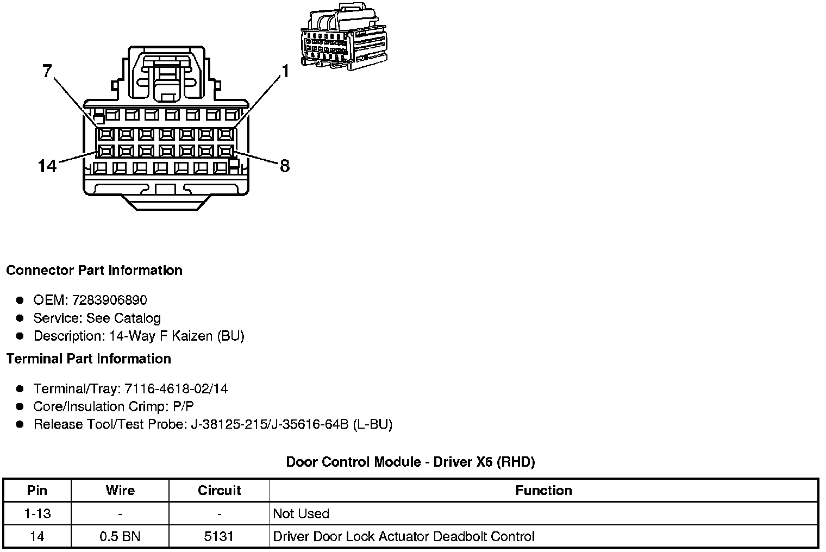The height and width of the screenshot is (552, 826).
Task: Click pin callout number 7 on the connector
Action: [x=47, y=71]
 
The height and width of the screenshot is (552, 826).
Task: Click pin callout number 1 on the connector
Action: [x=284, y=71]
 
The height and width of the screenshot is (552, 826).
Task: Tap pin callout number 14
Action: [x=47, y=166]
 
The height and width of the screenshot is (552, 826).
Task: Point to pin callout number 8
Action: [x=284, y=166]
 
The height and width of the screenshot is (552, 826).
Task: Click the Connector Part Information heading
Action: [x=94, y=271]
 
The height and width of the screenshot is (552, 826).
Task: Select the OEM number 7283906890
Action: [x=109, y=300]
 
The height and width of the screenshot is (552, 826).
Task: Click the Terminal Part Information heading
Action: [x=89, y=359]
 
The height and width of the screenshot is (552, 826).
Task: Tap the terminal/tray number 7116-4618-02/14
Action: [x=176, y=388]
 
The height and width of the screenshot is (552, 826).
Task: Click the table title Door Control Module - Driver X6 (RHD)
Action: [x=410, y=462]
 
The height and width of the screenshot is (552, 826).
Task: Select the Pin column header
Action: [x=37, y=491]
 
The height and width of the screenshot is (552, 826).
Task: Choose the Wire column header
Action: [x=120, y=491]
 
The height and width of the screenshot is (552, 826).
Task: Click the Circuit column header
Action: [x=219, y=491]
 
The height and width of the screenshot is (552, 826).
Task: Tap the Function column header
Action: [x=543, y=491]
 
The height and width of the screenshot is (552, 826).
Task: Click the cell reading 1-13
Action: [x=37, y=513]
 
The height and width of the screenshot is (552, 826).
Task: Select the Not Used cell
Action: [x=301, y=513]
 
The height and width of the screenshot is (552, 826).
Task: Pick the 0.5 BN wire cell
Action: [x=120, y=537]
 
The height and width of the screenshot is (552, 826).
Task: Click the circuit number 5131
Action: [x=219, y=537]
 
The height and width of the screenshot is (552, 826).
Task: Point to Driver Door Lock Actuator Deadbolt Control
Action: [x=404, y=537]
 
